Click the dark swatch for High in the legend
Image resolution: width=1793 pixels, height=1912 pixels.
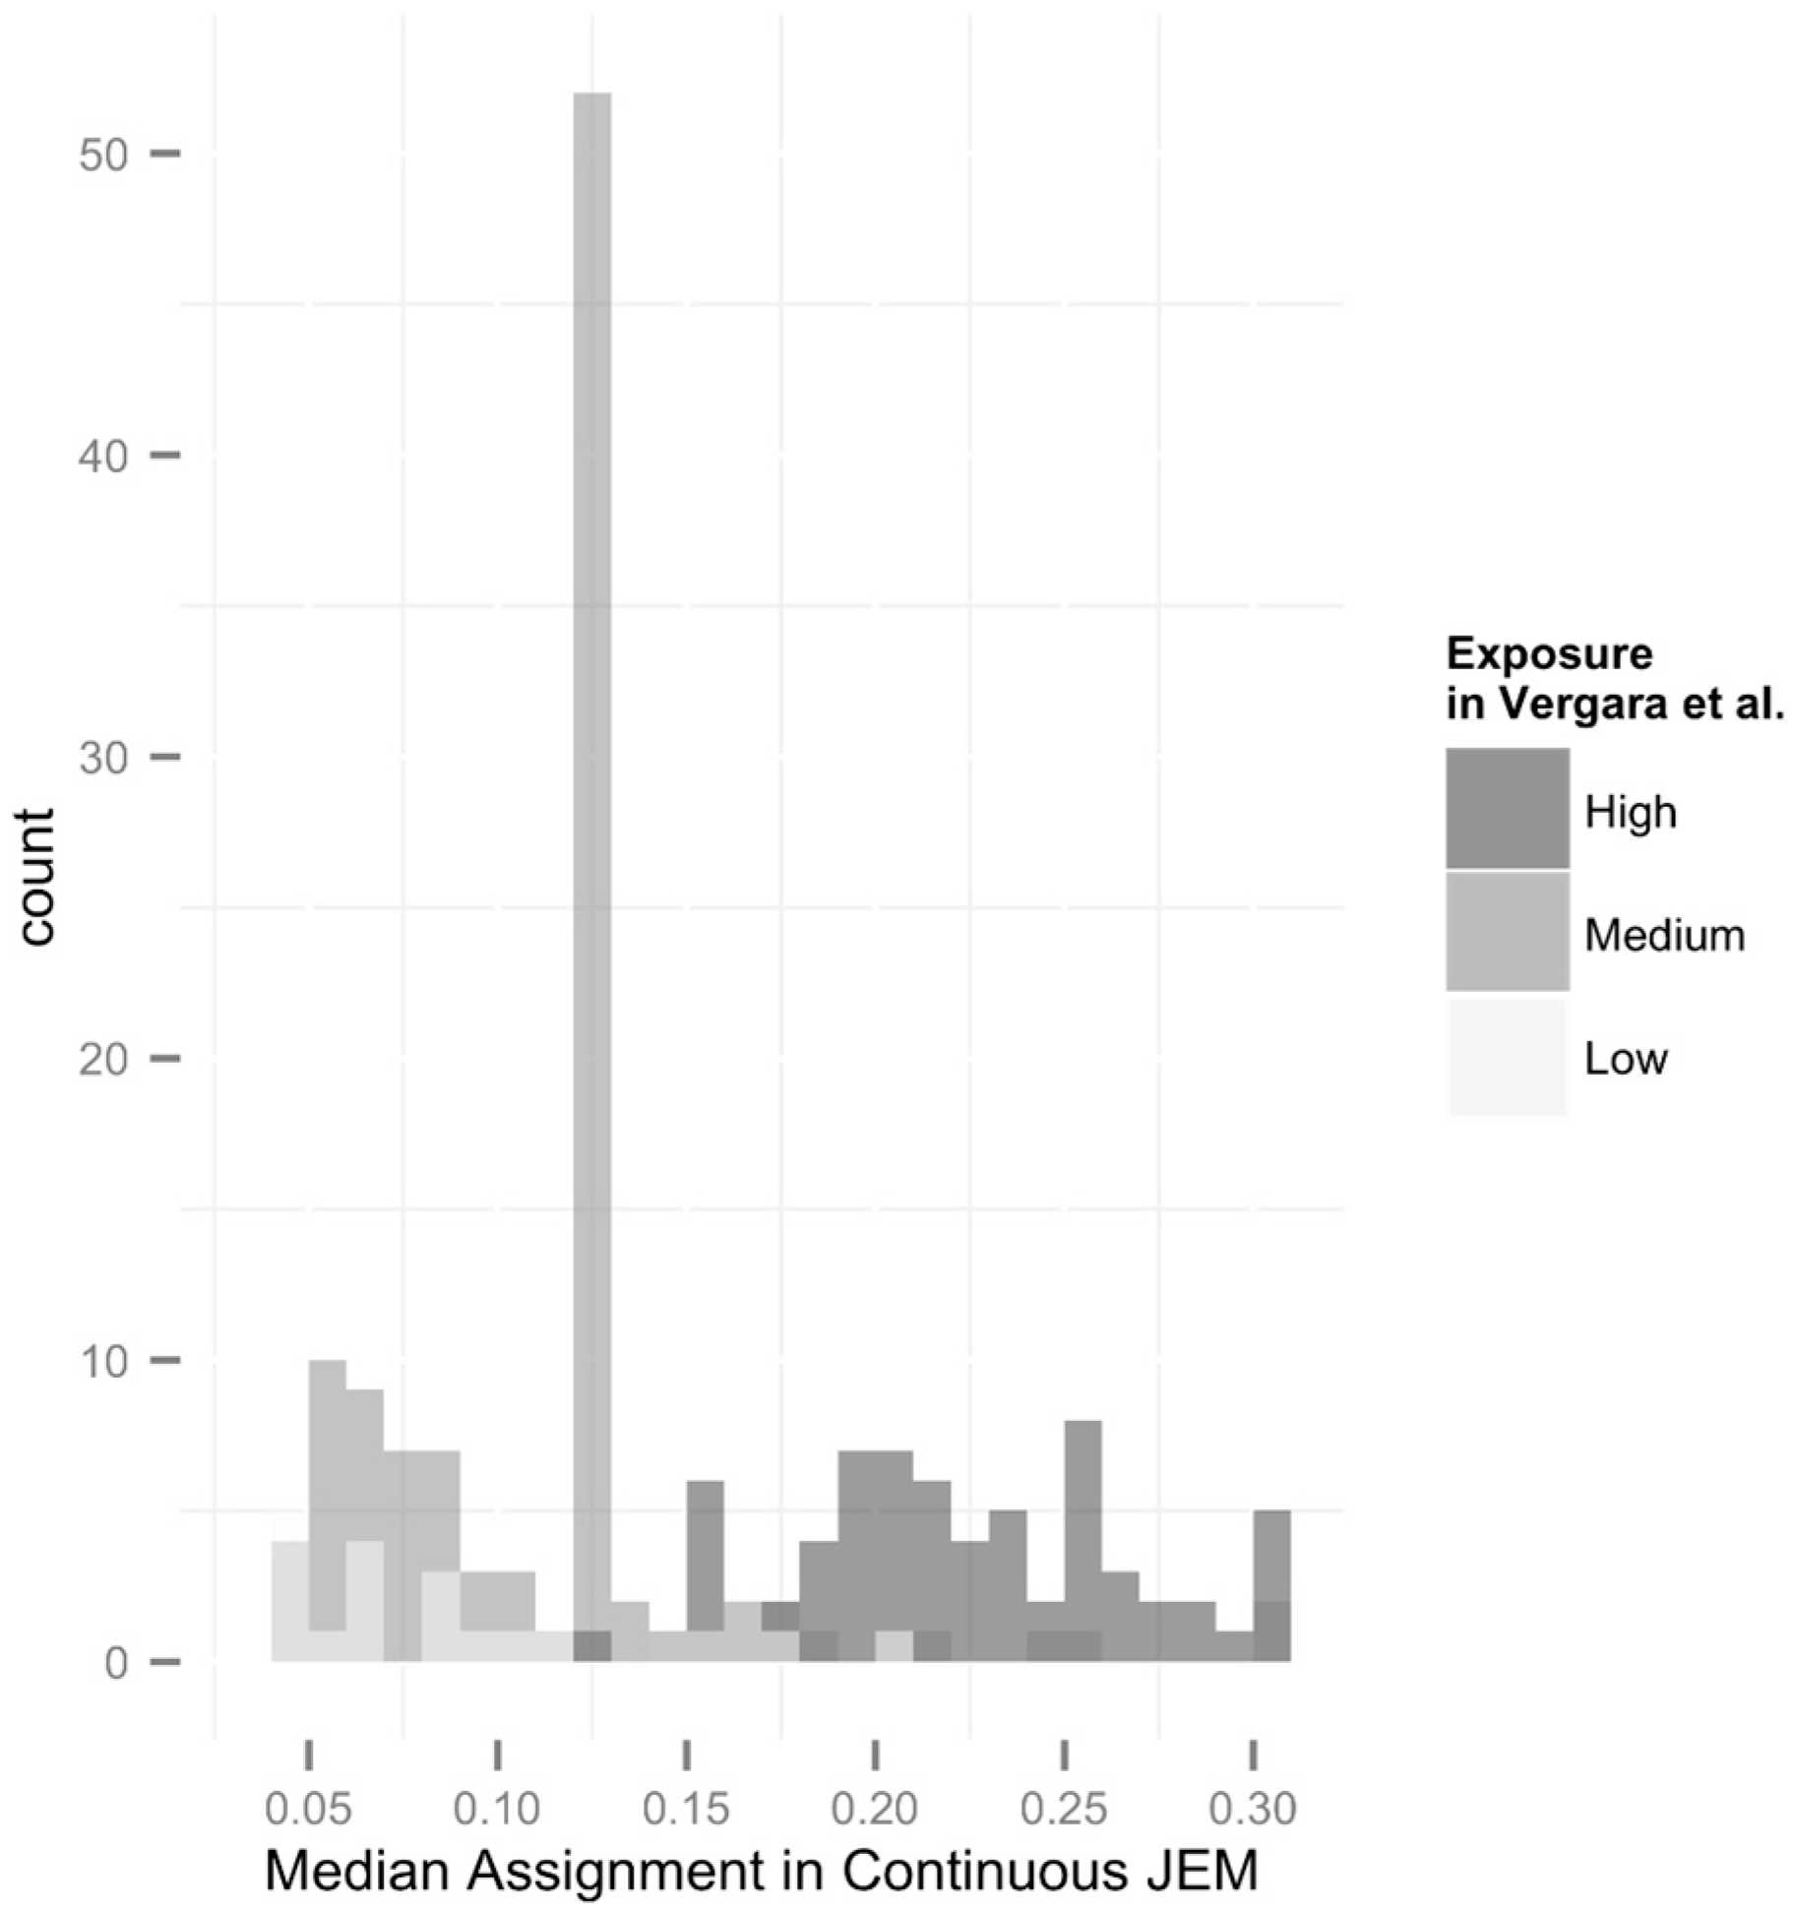click(1507, 809)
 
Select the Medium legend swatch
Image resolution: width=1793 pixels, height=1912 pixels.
click(1507, 932)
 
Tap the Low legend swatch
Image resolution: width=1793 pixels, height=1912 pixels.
click(1507, 1056)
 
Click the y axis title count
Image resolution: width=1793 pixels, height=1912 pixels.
click(37, 876)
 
